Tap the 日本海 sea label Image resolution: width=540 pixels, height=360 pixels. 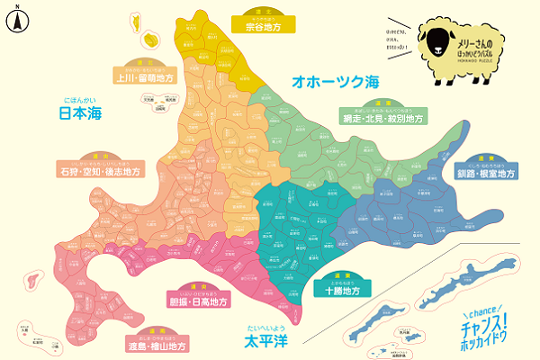(x=79, y=113)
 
